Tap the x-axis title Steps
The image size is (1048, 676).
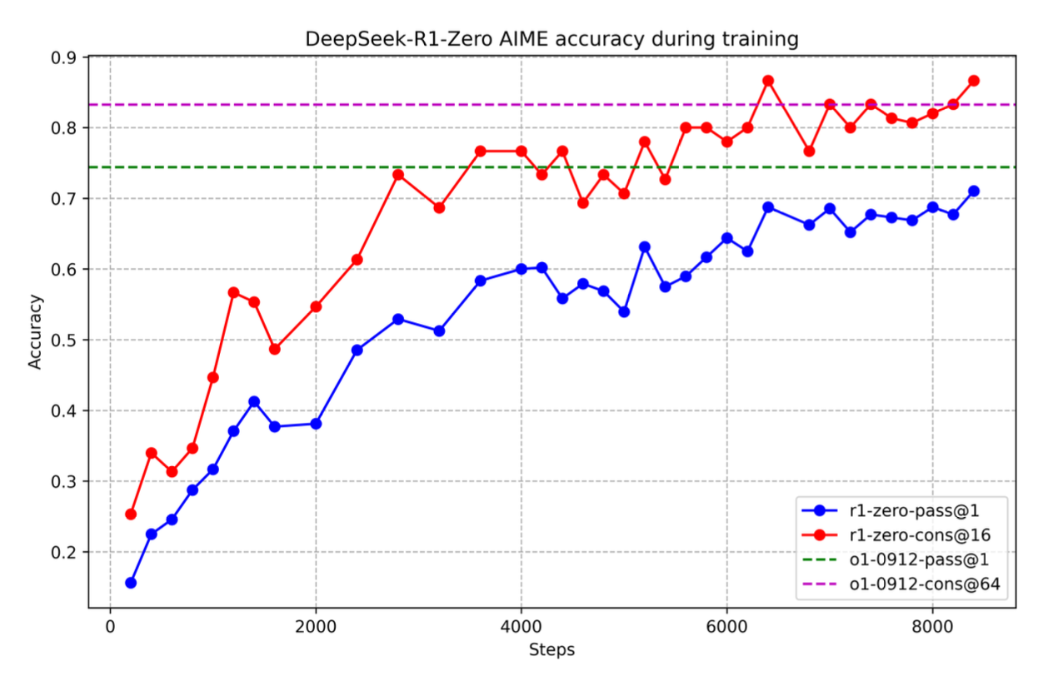(x=551, y=649)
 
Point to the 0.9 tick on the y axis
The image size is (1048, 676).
(x=65, y=57)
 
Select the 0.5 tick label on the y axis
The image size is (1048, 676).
(x=65, y=340)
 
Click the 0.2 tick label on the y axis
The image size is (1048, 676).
(x=65, y=552)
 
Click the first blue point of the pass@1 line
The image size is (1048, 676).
(x=131, y=583)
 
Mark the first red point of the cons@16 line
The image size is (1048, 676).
(x=131, y=514)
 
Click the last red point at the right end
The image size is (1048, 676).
(x=973, y=81)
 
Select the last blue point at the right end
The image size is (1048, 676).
(x=973, y=191)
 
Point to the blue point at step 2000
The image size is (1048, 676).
(x=316, y=424)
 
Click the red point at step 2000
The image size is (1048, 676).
(x=316, y=306)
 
